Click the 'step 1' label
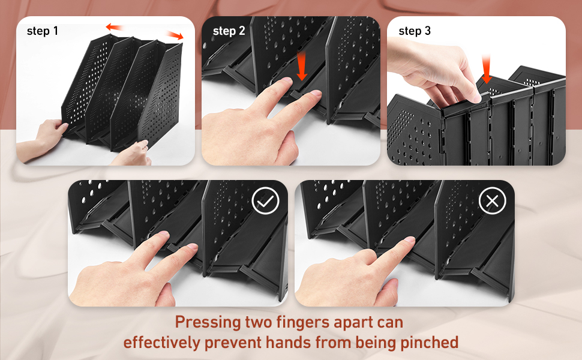tap(43, 31)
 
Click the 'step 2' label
tap(229, 31)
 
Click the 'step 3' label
tap(415, 31)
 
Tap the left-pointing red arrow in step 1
tap(115, 27)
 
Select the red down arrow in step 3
tap(487, 68)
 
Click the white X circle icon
tap(491, 202)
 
